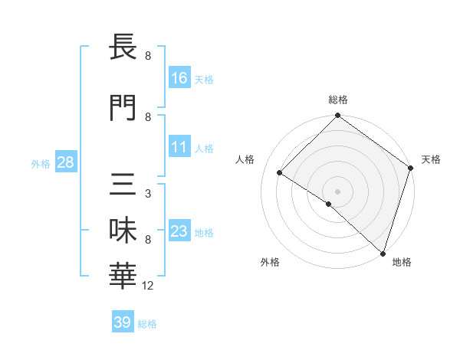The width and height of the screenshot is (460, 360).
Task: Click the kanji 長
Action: pyautogui.click(x=123, y=47)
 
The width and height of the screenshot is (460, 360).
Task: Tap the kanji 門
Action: pyautogui.click(x=123, y=108)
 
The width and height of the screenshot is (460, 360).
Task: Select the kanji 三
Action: pyautogui.click(x=123, y=184)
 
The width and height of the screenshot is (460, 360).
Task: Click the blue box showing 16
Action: pyautogui.click(x=179, y=78)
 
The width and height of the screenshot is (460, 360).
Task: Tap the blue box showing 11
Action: pyautogui.click(x=179, y=148)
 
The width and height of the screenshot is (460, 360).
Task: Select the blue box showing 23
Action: pyautogui.click(x=179, y=231)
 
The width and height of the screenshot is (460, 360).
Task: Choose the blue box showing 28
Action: pyautogui.click(x=65, y=162)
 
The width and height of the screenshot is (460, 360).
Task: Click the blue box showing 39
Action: pyautogui.click(x=122, y=322)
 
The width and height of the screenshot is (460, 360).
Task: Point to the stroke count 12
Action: pyautogui.click(x=149, y=286)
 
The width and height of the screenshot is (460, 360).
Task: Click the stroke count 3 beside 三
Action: pyautogui.click(x=147, y=194)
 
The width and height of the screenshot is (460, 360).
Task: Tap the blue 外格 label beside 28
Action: pyautogui.click(x=41, y=163)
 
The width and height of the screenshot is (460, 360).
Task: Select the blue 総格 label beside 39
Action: pyautogui.click(x=147, y=324)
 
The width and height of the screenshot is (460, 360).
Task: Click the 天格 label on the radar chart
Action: pyautogui.click(x=431, y=159)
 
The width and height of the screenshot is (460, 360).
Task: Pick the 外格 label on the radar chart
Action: pyautogui.click(x=270, y=262)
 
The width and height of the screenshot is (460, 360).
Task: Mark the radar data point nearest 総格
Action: pyautogui.click(x=337, y=116)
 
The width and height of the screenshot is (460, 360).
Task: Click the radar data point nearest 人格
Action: pyautogui.click(x=280, y=173)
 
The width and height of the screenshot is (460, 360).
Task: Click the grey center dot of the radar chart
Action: pyautogui.click(x=337, y=191)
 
